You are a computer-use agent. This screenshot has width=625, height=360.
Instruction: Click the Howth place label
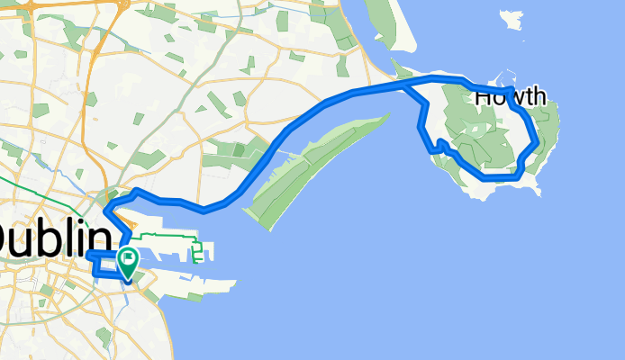click(510, 95)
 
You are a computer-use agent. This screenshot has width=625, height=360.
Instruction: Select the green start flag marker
click(128, 260)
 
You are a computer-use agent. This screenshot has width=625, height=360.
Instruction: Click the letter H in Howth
click(483, 95)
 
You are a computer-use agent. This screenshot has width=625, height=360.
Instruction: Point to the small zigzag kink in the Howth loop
click(441, 145)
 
